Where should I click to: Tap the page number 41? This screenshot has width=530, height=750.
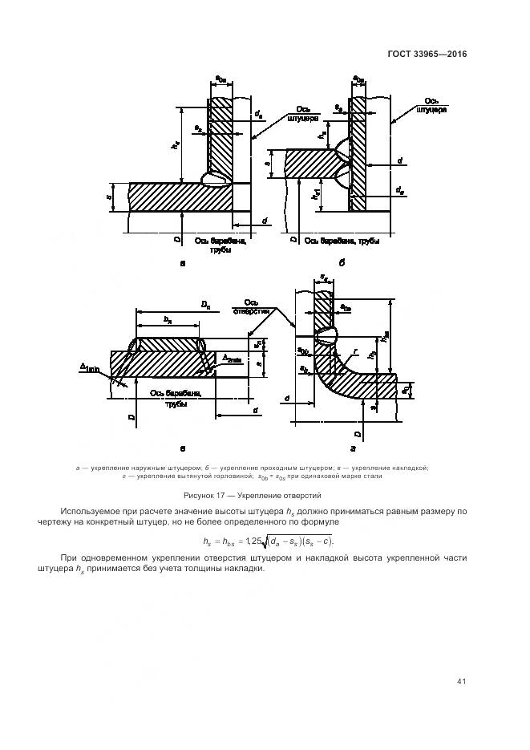coord(461,681)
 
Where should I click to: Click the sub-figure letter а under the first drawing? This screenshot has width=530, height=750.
coord(184,263)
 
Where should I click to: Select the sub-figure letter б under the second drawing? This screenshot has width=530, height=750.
coord(342,262)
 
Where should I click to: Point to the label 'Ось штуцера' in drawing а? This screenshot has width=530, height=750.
coord(303,115)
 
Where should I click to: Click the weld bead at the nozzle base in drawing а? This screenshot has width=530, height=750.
coord(216,180)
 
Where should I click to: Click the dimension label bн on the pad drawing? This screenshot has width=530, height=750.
coord(168,319)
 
